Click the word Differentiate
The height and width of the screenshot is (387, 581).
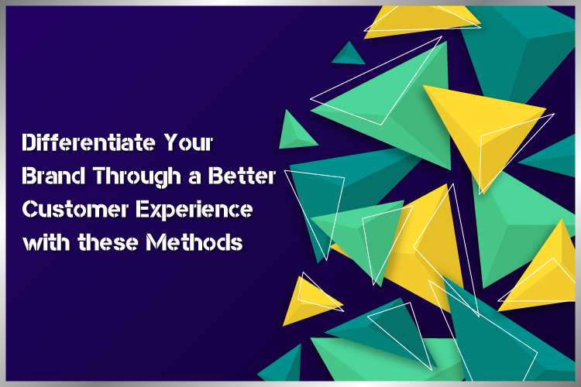[x=88, y=142]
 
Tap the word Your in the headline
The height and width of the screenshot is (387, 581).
[x=188, y=142]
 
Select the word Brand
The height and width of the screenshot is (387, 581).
[x=53, y=176]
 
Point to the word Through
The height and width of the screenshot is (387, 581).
[x=136, y=176]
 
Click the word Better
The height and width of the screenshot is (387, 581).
[x=242, y=176]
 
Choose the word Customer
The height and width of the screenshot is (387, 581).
[x=75, y=209]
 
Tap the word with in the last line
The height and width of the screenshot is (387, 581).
[x=46, y=242]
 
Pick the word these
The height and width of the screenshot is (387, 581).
[x=108, y=242]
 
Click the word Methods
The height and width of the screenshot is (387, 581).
[x=194, y=242]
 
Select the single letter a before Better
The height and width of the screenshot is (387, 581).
[x=194, y=177]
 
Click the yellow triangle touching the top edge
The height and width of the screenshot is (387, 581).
[x=419, y=20]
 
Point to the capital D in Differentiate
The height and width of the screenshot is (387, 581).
[x=28, y=142]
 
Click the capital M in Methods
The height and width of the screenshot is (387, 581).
[x=154, y=242]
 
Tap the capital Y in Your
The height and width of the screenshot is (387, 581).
[x=172, y=142]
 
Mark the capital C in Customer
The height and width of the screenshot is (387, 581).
[x=29, y=209]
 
